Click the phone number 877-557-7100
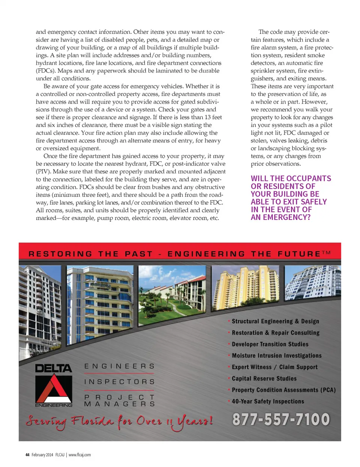(x=281, y=419)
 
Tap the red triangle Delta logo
(x=54, y=389)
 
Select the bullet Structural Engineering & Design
(x=275, y=321)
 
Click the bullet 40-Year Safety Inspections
(x=268, y=401)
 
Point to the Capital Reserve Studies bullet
(x=264, y=378)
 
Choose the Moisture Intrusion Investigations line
(x=276, y=356)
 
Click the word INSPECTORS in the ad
(x=119, y=382)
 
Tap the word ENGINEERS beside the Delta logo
(x=119, y=366)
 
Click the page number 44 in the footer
(x=27, y=455)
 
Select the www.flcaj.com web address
(x=79, y=455)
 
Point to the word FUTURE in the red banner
(x=299, y=254)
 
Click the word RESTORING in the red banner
(x=60, y=254)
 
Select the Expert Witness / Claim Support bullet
(x=274, y=367)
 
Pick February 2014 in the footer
(x=42, y=455)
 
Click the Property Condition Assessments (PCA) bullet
(x=283, y=390)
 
